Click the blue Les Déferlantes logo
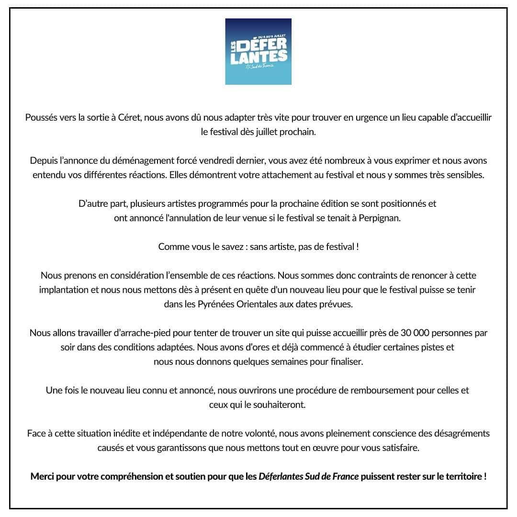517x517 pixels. click(258, 52)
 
